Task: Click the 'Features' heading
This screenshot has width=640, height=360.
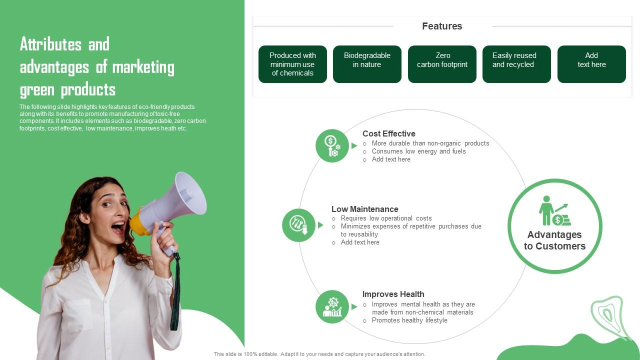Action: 442,26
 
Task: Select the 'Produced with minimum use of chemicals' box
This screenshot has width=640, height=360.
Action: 292,64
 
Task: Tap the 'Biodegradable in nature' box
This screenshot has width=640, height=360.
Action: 367,64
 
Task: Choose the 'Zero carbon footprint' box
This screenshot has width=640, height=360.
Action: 442,64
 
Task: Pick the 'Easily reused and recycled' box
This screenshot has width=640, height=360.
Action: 516,64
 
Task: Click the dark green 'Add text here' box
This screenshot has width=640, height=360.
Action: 591,64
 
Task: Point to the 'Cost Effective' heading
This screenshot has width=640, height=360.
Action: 388,133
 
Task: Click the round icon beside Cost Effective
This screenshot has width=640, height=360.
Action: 332,145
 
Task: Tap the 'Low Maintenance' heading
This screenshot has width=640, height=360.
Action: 364,209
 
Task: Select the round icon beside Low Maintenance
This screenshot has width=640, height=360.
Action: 298,225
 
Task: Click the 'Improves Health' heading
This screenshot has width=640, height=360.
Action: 393,294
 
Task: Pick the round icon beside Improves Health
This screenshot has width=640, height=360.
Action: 332,306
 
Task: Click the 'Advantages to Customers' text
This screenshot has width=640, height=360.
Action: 554,240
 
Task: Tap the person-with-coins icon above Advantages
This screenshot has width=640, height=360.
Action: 554,210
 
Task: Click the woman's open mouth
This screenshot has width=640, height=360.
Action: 118,228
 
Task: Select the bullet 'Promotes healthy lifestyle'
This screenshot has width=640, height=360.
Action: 409,320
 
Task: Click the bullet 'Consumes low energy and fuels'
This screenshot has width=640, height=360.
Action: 418,151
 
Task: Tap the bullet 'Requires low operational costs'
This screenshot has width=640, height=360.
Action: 386,218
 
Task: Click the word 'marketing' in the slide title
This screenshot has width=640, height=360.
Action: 143,67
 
